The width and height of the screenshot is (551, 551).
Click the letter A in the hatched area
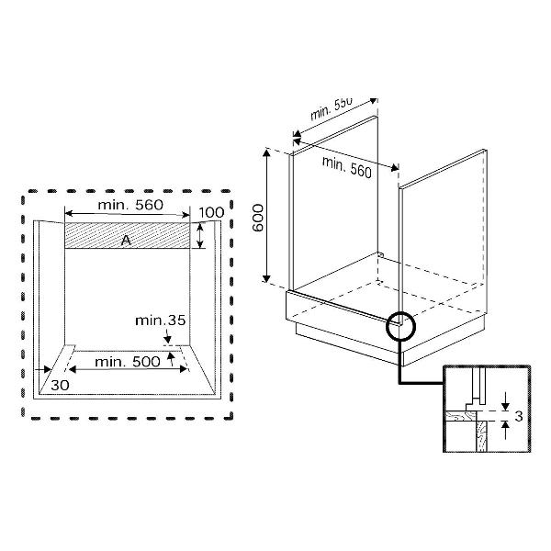coord(126,241)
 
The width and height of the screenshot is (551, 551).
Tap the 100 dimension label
coord(211,213)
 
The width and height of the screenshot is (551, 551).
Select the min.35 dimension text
coord(160,320)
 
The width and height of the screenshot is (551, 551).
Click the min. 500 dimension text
coord(128,362)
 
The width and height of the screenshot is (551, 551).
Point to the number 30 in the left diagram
coord(60,386)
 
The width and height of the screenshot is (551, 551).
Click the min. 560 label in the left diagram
coord(130,205)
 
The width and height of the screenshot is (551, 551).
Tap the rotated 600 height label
coord(258,218)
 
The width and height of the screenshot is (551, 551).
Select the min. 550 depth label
coord(331,108)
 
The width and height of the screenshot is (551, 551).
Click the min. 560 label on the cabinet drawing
coord(347,167)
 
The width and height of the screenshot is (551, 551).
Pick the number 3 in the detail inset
coord(519,416)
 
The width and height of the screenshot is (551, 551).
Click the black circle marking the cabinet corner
coord(400,326)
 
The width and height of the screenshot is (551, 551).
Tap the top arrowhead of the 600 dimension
coord(266,152)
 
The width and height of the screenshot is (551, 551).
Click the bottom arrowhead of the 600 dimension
coord(266,278)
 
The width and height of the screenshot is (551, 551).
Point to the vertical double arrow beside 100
coord(199,236)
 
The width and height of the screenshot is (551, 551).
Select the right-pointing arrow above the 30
coord(43,369)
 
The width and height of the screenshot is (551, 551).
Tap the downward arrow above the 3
coord(505,401)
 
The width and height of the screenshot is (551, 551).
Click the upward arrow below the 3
coord(505,431)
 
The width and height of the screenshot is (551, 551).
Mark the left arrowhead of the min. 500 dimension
coord(73,369)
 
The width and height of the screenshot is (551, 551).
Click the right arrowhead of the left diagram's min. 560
coord(186,215)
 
